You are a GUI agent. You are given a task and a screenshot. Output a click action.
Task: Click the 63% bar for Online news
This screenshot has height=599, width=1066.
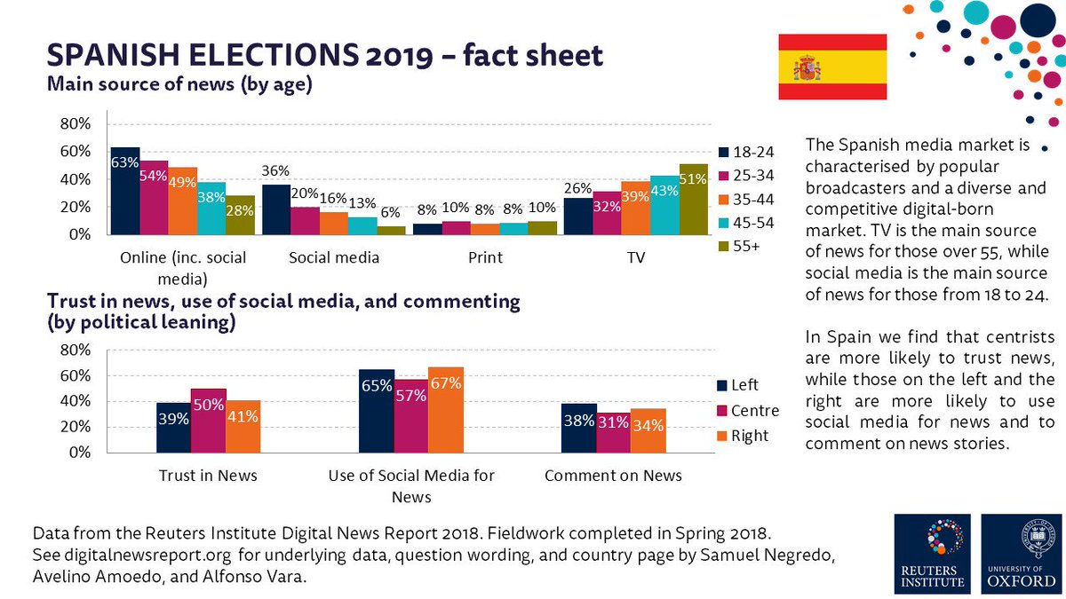click(x=124, y=191)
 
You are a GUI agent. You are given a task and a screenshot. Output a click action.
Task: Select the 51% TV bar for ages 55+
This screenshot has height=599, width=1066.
click(x=694, y=199)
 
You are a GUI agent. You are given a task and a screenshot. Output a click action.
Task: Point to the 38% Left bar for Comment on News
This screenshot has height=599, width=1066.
click(x=578, y=428)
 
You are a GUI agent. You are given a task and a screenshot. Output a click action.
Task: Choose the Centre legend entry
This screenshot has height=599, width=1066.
click(x=747, y=411)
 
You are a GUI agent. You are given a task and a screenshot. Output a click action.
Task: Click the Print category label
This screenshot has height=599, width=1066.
click(x=484, y=257)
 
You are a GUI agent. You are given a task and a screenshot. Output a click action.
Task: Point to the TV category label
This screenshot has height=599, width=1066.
click(x=636, y=257)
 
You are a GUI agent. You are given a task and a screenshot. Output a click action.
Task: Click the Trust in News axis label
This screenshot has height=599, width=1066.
click(x=207, y=475)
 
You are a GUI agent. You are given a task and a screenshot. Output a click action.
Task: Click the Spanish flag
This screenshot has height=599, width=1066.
click(x=832, y=67)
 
